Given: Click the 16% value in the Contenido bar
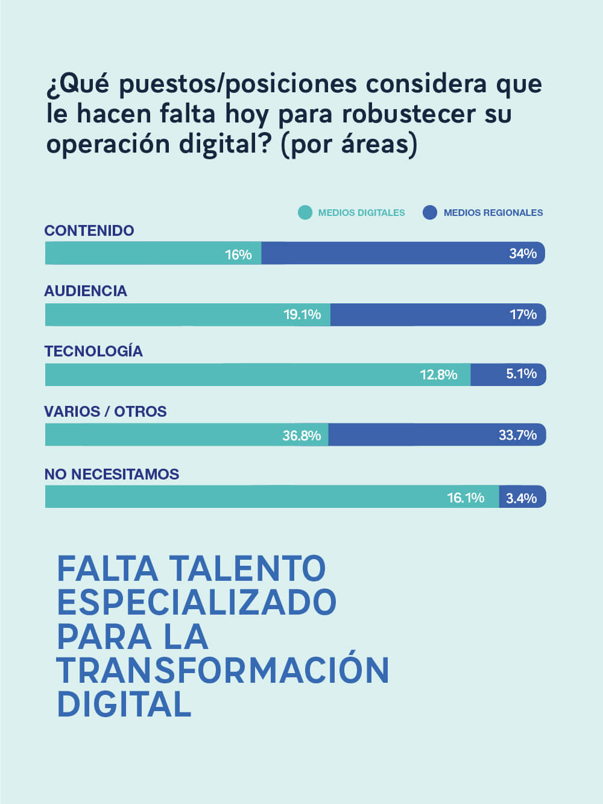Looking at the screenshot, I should point(238,255).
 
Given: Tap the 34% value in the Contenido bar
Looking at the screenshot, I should point(522,253).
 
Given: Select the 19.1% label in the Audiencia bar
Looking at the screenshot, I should point(302,314).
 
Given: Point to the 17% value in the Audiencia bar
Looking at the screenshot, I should point(523,314).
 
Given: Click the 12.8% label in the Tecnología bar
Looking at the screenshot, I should point(438,375).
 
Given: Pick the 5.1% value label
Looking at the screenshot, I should point(521,374).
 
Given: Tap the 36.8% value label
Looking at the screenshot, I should point(301,435).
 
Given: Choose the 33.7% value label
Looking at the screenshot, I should point(517,435).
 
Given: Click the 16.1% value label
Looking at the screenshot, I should point(466,498).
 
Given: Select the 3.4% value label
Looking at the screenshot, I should point(521,498).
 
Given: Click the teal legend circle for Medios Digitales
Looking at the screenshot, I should point(305,212).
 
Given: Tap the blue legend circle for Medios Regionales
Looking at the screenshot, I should point(430,212).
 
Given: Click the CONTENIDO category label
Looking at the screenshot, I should point(89,230).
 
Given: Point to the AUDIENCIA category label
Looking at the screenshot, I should point(86,291).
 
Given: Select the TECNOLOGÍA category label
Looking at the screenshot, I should point(93,351).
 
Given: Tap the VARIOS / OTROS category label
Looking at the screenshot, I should point(106,411).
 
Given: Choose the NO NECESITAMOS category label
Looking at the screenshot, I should point(112,474).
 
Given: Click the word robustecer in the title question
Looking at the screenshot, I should point(409,113).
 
